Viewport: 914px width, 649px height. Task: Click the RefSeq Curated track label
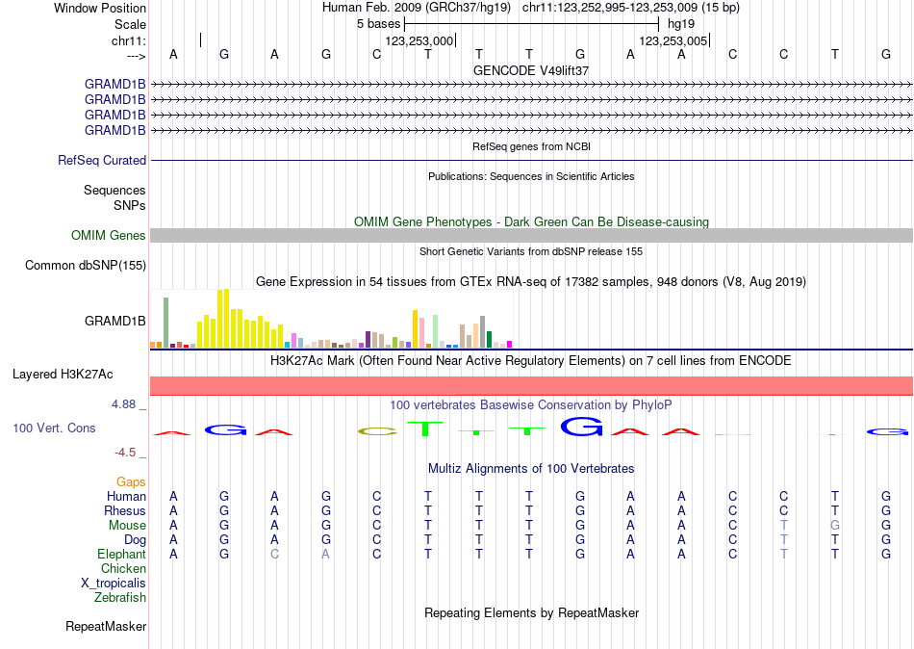click(x=102, y=160)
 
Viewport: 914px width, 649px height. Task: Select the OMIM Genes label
click(x=109, y=235)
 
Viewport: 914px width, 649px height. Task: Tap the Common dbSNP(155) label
click(x=86, y=265)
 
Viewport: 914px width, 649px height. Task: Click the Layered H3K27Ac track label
click(x=69, y=374)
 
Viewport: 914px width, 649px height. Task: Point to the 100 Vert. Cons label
click(x=54, y=428)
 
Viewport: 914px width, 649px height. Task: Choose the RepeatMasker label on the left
click(x=106, y=627)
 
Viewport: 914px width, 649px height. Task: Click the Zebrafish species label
click(x=120, y=598)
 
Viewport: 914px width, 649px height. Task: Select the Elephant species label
click(x=121, y=555)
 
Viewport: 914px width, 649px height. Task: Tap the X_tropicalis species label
click(x=114, y=584)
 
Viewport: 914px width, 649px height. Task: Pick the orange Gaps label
click(x=131, y=481)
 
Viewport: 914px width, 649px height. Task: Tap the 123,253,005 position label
click(x=673, y=40)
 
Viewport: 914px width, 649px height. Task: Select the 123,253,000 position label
click(x=419, y=40)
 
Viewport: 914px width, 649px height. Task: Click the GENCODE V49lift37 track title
click(x=531, y=70)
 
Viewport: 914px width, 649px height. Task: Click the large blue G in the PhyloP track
click(x=581, y=426)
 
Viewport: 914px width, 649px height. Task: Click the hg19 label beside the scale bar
click(x=680, y=23)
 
